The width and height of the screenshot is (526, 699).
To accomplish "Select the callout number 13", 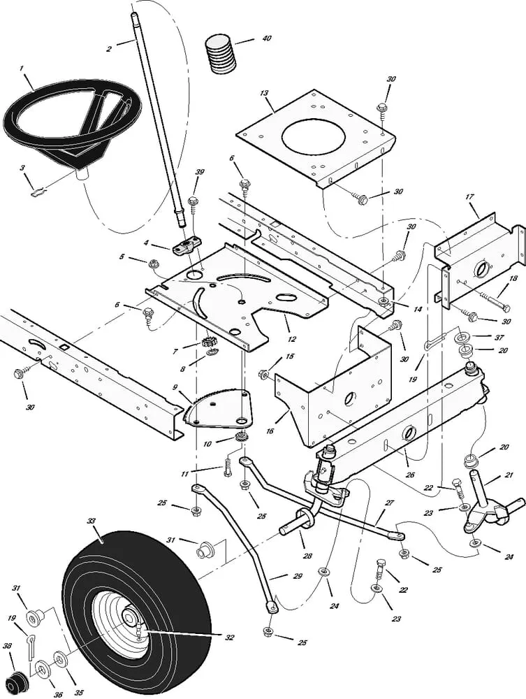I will click(x=264, y=92).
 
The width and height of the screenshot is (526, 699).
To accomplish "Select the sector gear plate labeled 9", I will click(x=217, y=408).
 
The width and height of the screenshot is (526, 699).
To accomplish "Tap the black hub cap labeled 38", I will click(x=16, y=678).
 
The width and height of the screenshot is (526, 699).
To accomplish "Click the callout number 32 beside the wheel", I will click(x=229, y=637).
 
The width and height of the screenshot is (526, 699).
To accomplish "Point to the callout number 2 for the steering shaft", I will click(x=108, y=48).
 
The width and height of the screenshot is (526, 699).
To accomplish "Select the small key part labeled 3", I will click(x=40, y=187).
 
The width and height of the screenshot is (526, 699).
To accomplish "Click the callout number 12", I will click(x=291, y=339).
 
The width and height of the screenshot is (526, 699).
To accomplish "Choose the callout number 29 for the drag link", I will click(x=279, y=577).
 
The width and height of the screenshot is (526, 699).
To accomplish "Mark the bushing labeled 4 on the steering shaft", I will click(x=183, y=247).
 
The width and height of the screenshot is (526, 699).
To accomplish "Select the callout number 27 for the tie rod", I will click(x=390, y=503).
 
